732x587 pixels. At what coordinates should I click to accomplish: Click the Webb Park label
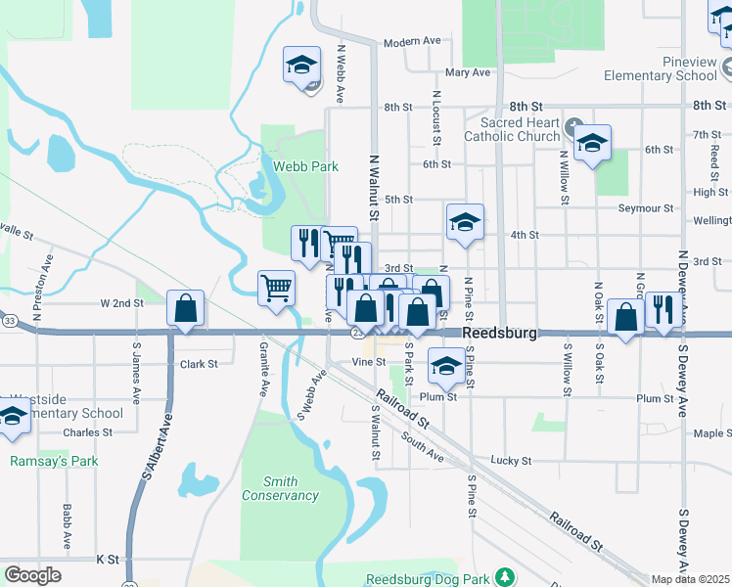pos(305,166)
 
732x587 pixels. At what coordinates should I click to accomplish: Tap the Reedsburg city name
pos(499,334)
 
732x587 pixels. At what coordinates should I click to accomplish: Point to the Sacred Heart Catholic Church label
pos(520,130)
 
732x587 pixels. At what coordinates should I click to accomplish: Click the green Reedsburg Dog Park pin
pos(504,578)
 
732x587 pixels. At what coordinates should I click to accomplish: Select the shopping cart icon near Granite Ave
pos(277,289)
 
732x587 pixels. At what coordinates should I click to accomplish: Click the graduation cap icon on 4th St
pos(466,222)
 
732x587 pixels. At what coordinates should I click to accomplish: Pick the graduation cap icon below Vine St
pos(447,367)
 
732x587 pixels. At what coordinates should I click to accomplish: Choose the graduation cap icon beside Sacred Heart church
pos(592,143)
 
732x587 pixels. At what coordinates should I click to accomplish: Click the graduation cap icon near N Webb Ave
pos(301,66)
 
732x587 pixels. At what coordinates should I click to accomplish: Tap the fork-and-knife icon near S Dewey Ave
pos(664,310)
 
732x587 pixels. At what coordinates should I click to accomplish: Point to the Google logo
pos(32,575)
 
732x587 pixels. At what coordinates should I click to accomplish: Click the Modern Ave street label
pos(412,42)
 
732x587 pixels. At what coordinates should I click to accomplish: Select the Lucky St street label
pos(511,460)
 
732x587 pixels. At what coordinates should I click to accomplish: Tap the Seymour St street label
pos(646,208)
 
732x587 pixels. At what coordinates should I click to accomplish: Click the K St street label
pos(108,560)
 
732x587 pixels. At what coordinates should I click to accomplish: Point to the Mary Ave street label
pos(467,72)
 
